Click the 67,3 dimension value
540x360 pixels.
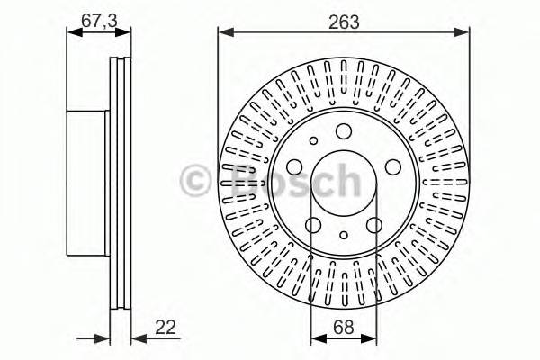click(99, 21)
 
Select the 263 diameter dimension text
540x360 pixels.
click(344, 22)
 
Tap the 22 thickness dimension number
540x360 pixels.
click(166, 327)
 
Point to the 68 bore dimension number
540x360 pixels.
click(344, 327)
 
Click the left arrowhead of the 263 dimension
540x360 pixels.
click(226, 32)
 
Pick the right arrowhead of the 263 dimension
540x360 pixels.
click(461, 32)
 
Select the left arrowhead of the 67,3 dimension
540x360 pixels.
click(75, 32)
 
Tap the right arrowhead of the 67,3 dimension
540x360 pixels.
click(123, 32)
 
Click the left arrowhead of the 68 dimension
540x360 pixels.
click(319, 338)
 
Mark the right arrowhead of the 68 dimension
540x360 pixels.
click(369, 338)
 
